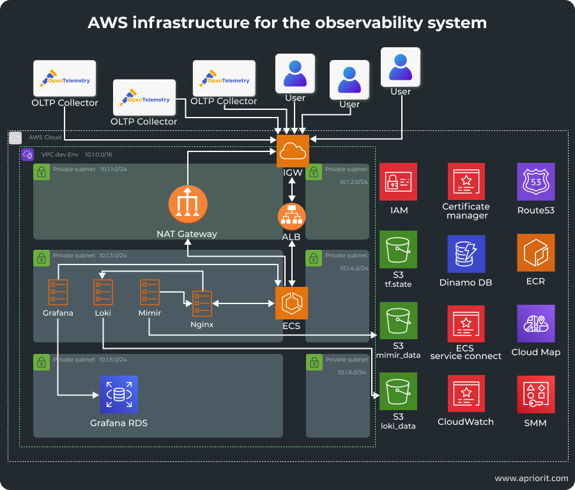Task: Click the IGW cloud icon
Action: (293, 151)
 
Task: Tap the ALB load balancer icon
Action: (292, 217)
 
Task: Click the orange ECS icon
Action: (291, 303)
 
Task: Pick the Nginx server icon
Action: (202, 303)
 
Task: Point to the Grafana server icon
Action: (58, 292)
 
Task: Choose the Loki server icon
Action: (103, 292)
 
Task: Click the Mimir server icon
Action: (149, 292)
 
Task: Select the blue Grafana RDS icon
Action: (119, 394)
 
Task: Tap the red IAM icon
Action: (399, 182)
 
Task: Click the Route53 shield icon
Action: (536, 182)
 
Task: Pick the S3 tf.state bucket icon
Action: (399, 250)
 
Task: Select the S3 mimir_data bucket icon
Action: (399, 321)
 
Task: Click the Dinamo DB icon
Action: (466, 254)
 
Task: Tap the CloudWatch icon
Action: (466, 394)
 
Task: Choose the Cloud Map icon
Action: (536, 324)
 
